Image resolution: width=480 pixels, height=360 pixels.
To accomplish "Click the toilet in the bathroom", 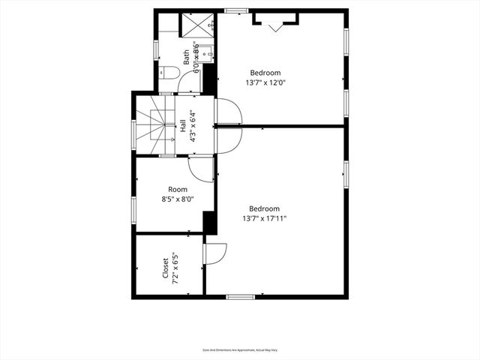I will pyautogui.click(x=169, y=73).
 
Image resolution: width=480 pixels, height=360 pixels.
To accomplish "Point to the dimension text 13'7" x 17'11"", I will pyautogui.click(x=265, y=218).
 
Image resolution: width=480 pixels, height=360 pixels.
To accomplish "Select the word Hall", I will pyautogui.click(x=183, y=126).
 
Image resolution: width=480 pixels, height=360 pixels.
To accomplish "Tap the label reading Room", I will pyautogui.click(x=178, y=190).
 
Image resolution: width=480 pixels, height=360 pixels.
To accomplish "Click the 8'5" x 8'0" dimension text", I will pyautogui.click(x=178, y=199).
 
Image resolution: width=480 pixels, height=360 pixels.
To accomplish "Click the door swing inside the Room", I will pyautogui.click(x=202, y=169).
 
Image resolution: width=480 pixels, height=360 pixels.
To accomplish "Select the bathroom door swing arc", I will pyautogui.click(x=189, y=82).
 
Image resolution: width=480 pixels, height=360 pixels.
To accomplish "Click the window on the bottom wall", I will pyautogui.click(x=240, y=297).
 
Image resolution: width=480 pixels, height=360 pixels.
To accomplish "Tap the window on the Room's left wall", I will pyautogui.click(x=134, y=208).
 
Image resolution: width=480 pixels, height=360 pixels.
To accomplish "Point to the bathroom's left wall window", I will pyautogui.click(x=156, y=49).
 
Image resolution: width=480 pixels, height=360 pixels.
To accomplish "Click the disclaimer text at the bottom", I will pyautogui.click(x=240, y=349).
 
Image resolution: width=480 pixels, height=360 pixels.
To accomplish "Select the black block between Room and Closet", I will pyautogui.click(x=210, y=223).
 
